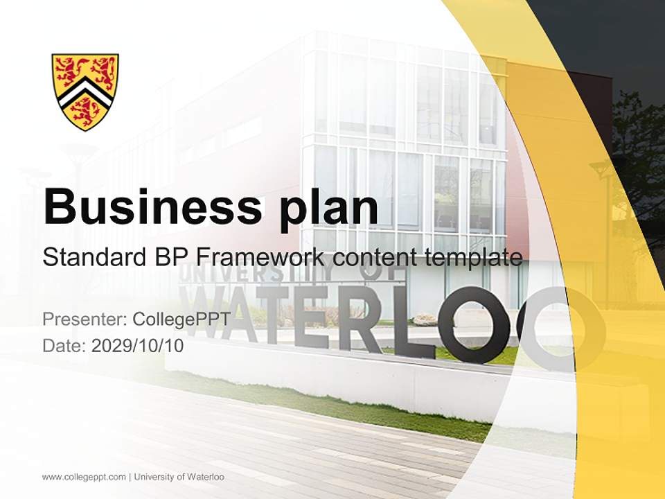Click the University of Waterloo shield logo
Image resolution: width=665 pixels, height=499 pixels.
point(85,91)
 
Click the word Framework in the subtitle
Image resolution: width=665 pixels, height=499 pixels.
point(258,257)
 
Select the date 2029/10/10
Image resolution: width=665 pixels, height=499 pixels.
point(138,346)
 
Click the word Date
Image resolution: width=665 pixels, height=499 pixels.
point(64,346)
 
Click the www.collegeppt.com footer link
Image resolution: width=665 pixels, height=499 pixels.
point(84,477)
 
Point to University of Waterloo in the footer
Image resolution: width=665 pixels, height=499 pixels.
point(179,477)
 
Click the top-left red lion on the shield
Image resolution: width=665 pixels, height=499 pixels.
point(70,70)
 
